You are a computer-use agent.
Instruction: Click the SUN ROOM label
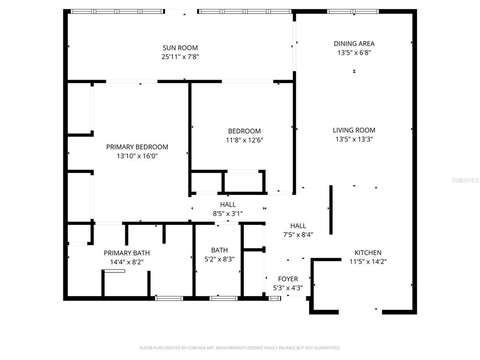[x=180, y=48]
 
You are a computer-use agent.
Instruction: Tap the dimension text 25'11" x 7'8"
[x=180, y=57]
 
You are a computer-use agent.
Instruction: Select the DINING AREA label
[x=354, y=44]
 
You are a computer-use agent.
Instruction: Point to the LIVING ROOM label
[x=354, y=130]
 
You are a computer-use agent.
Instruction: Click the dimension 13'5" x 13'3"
[x=354, y=139]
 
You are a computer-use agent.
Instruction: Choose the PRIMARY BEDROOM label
[x=137, y=147]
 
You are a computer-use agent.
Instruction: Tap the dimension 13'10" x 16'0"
[x=137, y=156]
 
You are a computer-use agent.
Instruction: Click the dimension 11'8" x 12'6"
[x=244, y=140]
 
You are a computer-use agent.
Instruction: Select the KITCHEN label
[x=367, y=253]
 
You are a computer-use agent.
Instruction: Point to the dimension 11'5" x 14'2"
[x=367, y=262]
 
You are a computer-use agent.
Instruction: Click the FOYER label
[x=288, y=279]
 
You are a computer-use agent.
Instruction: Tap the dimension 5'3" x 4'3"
[x=288, y=288]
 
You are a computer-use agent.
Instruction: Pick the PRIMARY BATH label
[x=127, y=253]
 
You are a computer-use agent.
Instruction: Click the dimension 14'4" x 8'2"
[x=127, y=262]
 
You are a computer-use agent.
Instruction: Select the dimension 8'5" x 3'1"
[x=228, y=214]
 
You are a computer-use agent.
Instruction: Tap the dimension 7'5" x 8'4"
[x=298, y=235]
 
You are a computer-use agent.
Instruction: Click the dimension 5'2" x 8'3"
[x=219, y=259]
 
